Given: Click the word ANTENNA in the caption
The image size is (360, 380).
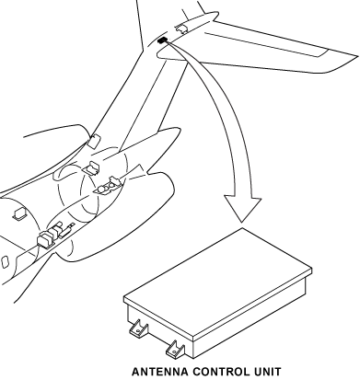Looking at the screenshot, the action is [160, 372].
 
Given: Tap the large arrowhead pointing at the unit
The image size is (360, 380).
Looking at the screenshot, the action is [242, 208].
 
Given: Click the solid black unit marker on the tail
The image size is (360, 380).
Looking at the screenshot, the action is [162, 40].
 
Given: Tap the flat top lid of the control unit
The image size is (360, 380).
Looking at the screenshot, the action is [218, 283].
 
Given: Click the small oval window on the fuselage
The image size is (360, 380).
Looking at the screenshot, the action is [5, 261].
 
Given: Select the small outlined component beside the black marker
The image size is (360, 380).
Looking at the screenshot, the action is [181, 29].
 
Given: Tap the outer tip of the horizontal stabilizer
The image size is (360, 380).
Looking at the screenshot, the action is [356, 56].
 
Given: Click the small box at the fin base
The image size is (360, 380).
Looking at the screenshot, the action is [94, 141].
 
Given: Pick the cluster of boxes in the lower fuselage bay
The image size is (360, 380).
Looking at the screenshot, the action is [49, 236].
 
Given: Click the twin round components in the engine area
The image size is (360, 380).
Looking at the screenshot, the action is [106, 187].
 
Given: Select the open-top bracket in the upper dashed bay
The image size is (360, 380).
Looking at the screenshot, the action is [91, 168].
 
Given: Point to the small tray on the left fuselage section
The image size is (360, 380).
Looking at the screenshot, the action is [19, 213].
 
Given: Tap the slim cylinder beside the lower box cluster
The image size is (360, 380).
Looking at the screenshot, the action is [66, 231].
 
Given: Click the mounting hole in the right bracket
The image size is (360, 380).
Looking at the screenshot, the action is [174, 351].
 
